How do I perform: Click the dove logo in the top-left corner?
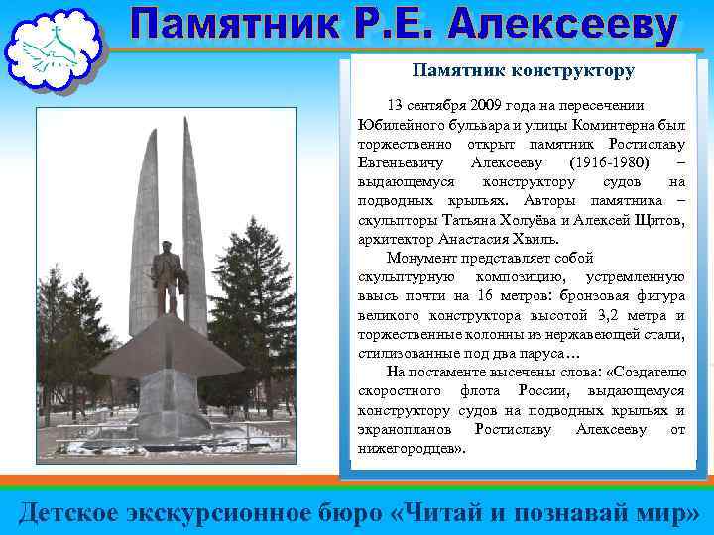tap(53, 49)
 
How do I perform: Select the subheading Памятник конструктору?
tap(523, 71)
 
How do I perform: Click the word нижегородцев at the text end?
tap(409, 448)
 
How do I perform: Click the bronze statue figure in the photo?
tap(168, 273)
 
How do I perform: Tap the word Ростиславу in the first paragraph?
tap(636, 143)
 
